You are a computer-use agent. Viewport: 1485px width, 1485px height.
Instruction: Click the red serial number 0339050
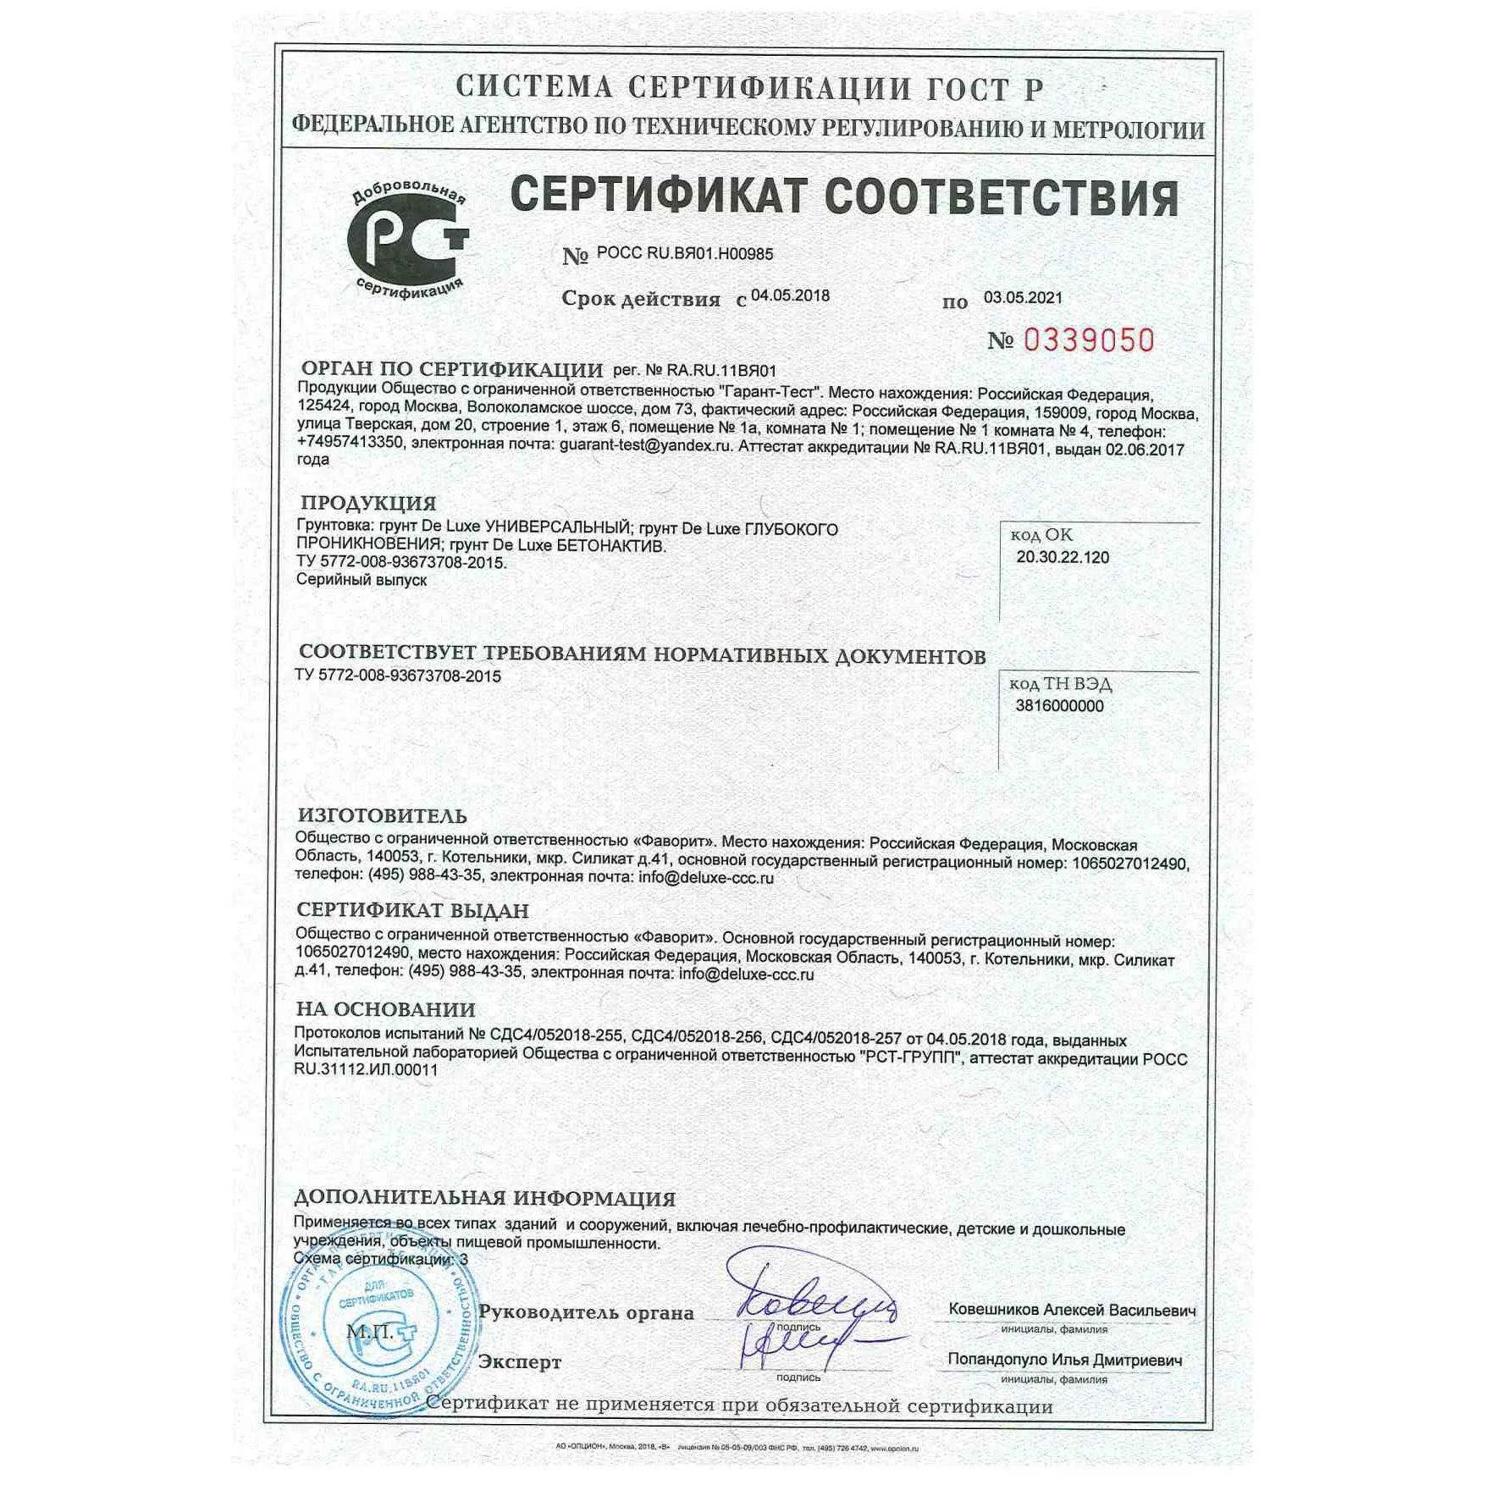(1089, 340)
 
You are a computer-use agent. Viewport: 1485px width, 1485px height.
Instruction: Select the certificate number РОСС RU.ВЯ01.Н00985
(684, 253)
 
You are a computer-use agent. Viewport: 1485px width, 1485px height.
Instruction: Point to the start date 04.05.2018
(790, 296)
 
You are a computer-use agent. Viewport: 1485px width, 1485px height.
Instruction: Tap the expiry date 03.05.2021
(1023, 298)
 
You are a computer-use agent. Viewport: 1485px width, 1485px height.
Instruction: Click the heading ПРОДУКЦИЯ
(368, 504)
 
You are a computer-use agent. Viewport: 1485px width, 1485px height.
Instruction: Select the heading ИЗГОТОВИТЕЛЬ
(383, 816)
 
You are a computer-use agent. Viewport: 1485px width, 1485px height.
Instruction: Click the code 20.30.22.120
(1063, 557)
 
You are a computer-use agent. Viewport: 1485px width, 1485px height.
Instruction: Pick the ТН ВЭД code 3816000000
(1059, 706)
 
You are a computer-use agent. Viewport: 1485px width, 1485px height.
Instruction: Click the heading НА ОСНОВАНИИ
(385, 1009)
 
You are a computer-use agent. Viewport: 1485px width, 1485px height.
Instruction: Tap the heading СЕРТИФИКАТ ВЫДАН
(412, 911)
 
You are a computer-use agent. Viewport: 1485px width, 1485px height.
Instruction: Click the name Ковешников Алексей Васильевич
(1072, 1310)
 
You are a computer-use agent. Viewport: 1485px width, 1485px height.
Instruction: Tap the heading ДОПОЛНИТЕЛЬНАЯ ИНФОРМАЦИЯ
(484, 1199)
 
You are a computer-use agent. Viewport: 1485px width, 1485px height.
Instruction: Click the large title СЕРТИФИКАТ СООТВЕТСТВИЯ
(844, 196)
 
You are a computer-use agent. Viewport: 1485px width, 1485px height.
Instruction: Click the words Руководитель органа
(586, 1312)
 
